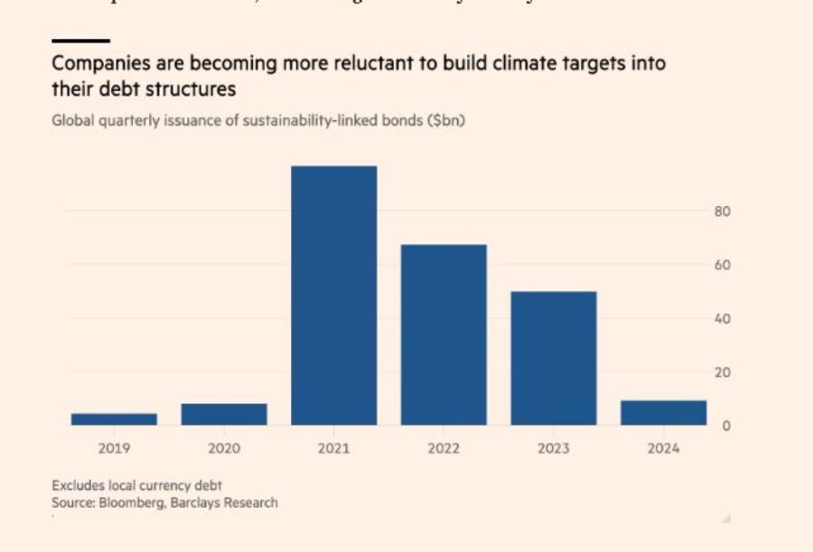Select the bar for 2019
pos(114,419)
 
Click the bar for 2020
pos(224,414)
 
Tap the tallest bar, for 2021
pos(334,295)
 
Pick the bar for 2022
pos(444,334)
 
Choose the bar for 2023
pos(553,358)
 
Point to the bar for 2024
pos(663,413)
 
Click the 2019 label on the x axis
pos(114,448)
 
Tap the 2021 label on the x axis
pos(334,448)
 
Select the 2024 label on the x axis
pos(663,448)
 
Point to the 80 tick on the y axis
pos(722,211)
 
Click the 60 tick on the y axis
pos(722,265)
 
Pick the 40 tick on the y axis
pos(722,318)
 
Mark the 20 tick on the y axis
pos(722,372)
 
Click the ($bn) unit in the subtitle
pos(445,121)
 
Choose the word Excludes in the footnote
pos(78,486)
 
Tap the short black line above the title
pos(80,41)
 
